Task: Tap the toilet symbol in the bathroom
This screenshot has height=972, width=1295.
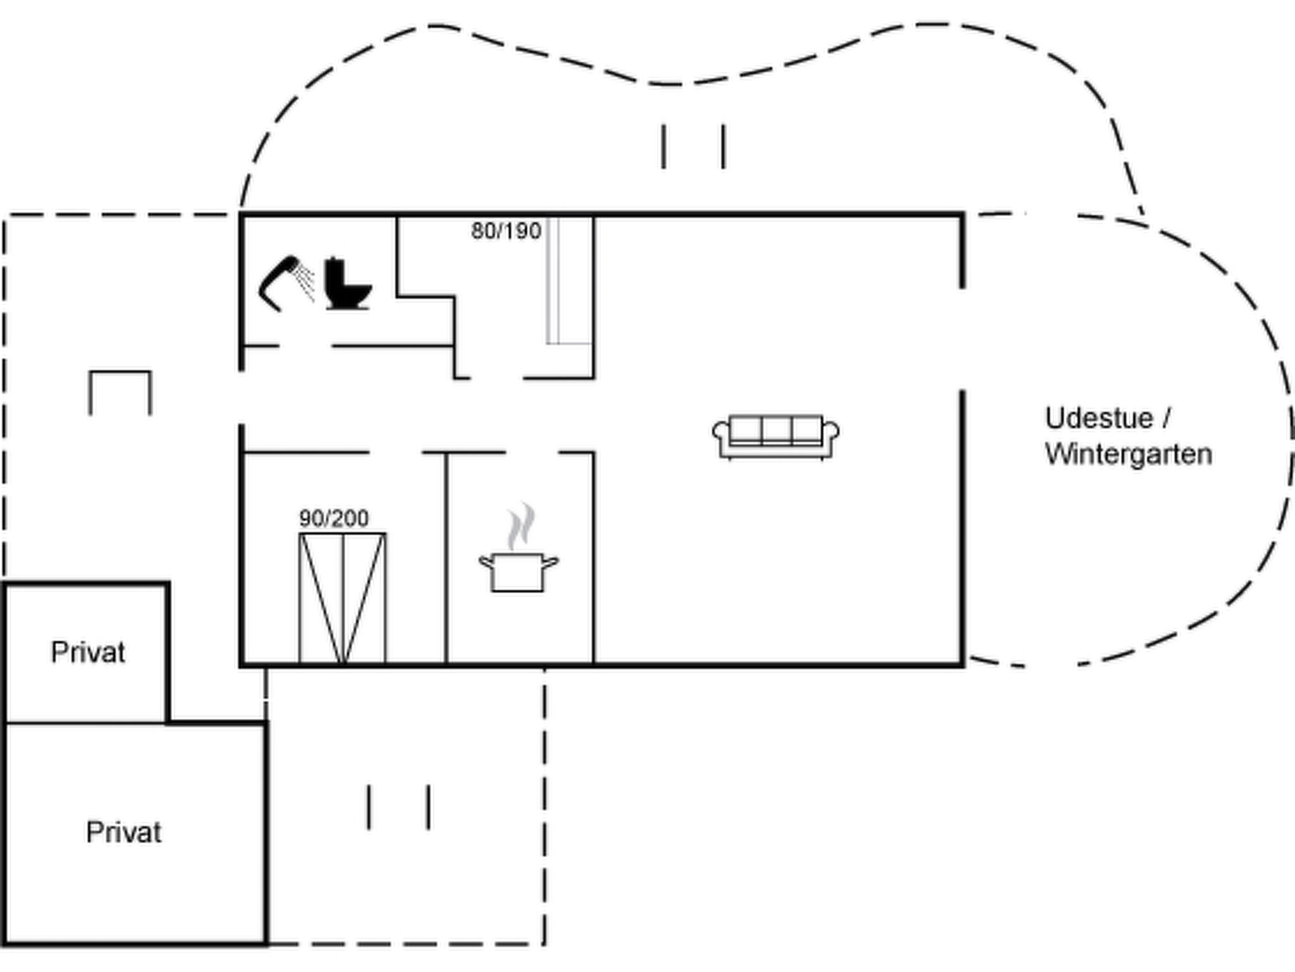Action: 348,283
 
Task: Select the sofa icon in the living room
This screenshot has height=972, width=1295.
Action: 776,437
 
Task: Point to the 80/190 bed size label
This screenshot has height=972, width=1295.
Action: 506,231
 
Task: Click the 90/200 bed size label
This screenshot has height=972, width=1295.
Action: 334,519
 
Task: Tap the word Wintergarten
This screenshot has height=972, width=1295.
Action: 1129,454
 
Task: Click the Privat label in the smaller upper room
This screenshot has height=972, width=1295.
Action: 88,652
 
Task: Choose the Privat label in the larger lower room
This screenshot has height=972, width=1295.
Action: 123,832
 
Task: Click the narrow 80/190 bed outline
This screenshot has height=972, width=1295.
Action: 569,281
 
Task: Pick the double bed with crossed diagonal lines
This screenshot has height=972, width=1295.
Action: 342,599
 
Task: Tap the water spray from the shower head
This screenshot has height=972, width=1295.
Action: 307,282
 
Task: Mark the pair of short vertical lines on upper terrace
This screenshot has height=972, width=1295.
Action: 694,147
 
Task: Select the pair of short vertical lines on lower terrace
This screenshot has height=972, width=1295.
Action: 399,807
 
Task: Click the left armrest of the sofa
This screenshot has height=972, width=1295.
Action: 721,437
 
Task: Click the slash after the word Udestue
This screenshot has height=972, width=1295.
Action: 1165,418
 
